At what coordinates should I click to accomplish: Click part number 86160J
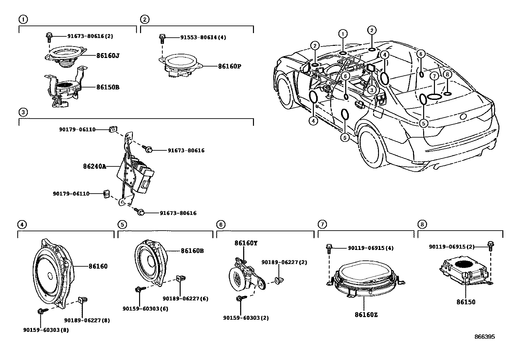click(107, 56)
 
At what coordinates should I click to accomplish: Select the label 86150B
click(108, 87)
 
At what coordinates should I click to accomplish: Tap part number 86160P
click(229, 66)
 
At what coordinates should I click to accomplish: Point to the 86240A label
click(95, 166)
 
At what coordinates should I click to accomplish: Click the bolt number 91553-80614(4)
click(203, 37)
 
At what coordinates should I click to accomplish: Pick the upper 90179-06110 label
click(77, 129)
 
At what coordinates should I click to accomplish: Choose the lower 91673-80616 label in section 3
click(178, 213)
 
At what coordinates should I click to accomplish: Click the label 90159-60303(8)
click(46, 330)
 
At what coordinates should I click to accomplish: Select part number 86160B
click(192, 251)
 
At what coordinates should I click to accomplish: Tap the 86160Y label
click(246, 243)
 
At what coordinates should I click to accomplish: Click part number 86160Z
click(366, 315)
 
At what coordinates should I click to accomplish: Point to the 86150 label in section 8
click(466, 302)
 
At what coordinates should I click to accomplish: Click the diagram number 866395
click(485, 337)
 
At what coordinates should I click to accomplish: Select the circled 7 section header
click(322, 224)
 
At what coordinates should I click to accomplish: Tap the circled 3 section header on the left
click(22, 112)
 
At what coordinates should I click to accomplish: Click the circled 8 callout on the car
click(448, 75)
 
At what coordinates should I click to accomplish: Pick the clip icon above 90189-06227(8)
click(82, 300)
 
